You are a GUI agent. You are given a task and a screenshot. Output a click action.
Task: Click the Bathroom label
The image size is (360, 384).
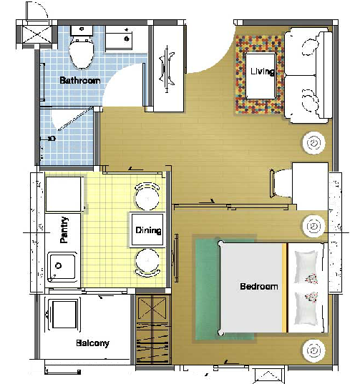point(80,80)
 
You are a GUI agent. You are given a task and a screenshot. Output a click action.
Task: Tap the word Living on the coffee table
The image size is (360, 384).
point(262,72)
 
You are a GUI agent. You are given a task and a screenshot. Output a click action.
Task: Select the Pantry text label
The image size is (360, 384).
point(64,230)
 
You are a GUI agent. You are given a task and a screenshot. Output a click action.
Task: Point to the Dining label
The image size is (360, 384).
point(148,230)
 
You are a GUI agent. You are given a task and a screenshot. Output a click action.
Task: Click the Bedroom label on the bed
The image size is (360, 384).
point(259,286)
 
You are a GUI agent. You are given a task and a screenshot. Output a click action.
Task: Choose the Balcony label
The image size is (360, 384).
point(92,343)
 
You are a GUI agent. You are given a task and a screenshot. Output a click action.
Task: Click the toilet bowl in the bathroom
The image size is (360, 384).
point(82,52)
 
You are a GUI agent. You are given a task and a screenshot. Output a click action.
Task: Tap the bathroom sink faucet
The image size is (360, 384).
point(127,39)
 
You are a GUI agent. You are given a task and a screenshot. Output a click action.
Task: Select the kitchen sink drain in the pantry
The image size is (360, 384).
point(58,265)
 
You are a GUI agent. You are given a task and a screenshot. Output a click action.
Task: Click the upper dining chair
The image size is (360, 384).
point(147,197)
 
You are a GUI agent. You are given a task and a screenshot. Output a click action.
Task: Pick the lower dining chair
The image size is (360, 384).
point(147,262)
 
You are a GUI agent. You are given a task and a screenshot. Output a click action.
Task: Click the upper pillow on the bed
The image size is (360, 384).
point(306,267)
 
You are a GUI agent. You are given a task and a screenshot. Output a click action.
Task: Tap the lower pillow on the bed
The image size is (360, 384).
point(306,308)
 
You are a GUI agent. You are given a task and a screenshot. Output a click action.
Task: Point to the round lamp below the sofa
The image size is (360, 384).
point(313,143)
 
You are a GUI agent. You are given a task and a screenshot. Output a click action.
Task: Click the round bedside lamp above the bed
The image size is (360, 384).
point(313,226)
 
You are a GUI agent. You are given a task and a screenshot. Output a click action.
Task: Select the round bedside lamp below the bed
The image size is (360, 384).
point(313,350)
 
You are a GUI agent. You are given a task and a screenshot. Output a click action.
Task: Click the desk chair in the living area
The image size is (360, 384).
point(281,183)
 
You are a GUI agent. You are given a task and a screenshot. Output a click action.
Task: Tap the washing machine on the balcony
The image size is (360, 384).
point(64,315)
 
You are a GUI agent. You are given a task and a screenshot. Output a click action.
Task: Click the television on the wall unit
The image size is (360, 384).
point(167,69)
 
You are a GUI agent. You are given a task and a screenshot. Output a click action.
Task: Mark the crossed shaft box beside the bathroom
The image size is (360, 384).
point(37,34)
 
